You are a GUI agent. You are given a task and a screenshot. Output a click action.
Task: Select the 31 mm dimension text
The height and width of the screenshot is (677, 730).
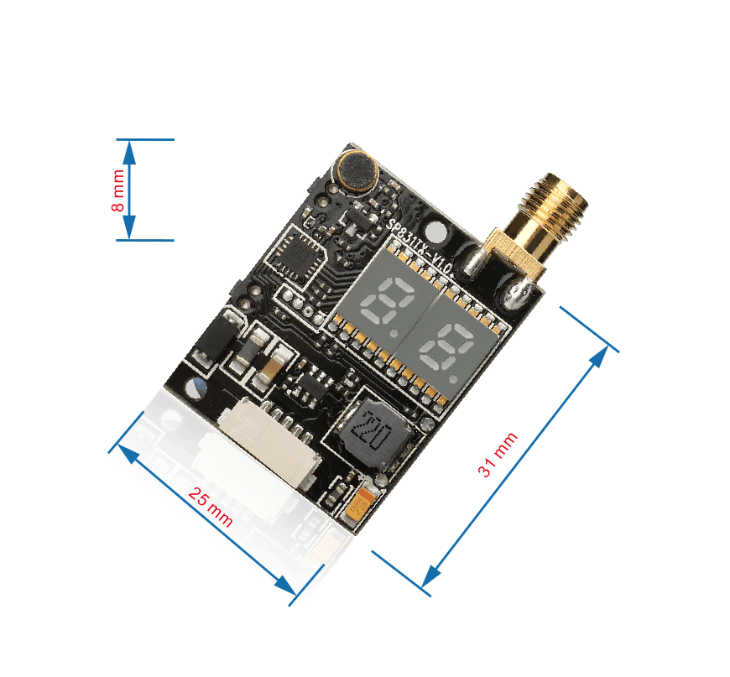coord(498,455)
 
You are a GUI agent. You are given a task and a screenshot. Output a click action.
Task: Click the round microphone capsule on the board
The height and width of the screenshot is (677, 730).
coord(357,170)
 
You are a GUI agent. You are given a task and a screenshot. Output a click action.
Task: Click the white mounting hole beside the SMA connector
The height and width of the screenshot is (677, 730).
coord(435,231)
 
